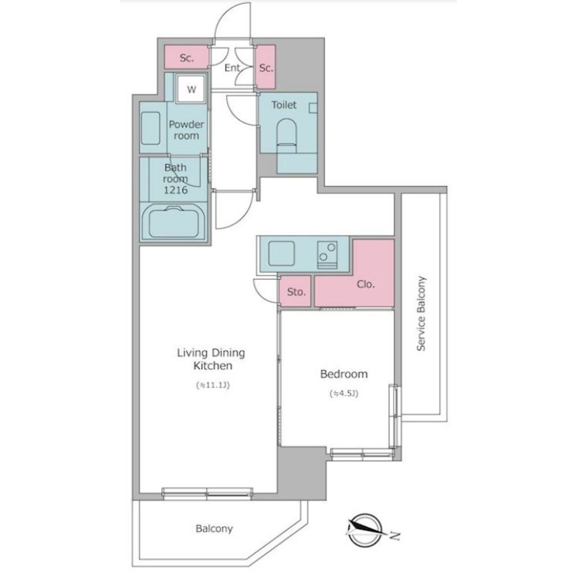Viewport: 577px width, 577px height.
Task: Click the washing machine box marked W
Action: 190,89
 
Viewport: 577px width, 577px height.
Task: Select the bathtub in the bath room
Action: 174,222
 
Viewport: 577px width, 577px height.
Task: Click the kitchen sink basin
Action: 282,253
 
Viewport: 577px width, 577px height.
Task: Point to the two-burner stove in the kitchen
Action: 328,254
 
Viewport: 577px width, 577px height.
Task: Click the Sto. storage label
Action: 296,292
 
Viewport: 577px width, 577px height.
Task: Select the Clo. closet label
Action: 365,284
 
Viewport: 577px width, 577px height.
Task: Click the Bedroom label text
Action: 344,374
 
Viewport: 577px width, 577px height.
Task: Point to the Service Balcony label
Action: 421,313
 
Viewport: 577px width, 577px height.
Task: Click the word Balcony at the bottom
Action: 214,529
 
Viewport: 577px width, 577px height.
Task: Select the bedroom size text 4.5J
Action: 344,394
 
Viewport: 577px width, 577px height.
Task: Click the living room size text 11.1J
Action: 213,385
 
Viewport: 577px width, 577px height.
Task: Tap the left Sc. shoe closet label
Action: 186,58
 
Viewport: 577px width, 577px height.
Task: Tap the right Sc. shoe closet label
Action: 265,68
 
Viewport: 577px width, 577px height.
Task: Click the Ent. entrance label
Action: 233,68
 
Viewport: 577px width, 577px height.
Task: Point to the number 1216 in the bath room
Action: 175,190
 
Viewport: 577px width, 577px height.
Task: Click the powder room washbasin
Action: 151,128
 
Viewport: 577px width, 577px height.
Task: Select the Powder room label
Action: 186,130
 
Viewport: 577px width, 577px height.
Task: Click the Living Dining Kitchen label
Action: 211,359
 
